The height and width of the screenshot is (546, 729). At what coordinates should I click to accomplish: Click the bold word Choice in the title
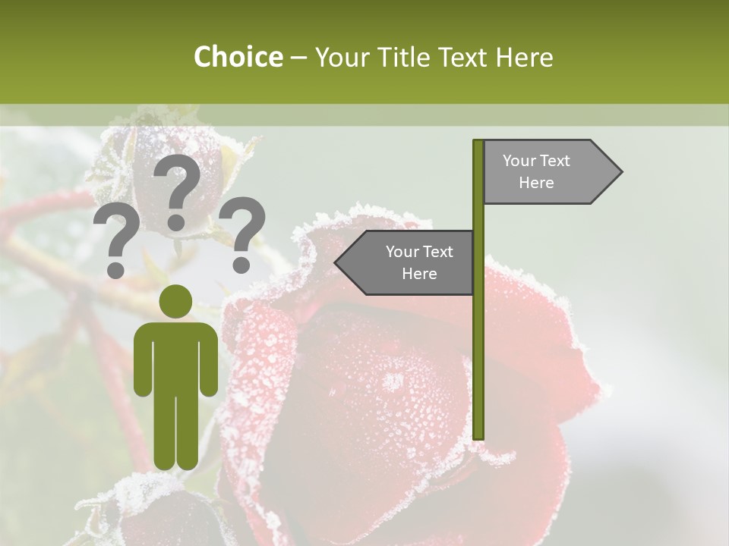click(x=238, y=57)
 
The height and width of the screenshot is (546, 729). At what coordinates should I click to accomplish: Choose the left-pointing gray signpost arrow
click(x=406, y=262)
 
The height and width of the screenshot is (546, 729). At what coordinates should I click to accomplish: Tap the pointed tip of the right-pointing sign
click(x=620, y=171)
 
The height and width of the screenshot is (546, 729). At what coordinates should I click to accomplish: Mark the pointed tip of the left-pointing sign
click(x=336, y=262)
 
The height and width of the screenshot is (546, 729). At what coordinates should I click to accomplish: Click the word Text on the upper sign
click(x=554, y=161)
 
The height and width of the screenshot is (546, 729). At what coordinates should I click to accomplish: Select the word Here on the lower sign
click(x=419, y=274)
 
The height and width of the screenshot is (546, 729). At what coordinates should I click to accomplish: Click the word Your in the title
click(x=341, y=57)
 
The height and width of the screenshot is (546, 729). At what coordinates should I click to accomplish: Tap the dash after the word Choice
click(x=298, y=58)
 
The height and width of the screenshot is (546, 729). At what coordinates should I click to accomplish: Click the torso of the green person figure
click(x=176, y=356)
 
